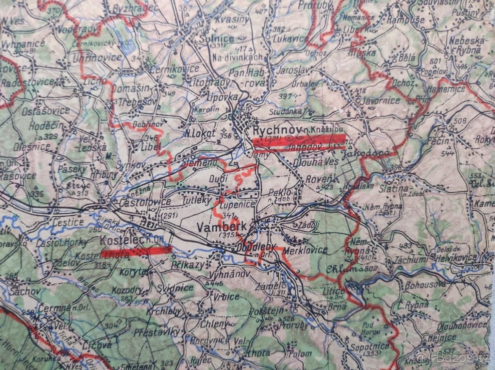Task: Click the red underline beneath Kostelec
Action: click(136, 251)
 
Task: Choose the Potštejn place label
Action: click(266, 310)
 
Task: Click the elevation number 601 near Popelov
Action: click(434, 61)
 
